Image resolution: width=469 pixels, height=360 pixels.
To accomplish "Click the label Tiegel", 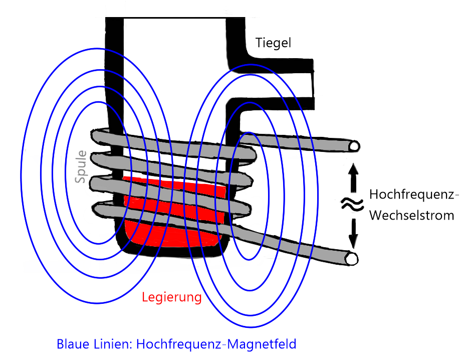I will [273, 43].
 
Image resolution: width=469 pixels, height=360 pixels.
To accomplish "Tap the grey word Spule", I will [81, 166].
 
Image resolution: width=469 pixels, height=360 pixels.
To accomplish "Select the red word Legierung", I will [171, 297].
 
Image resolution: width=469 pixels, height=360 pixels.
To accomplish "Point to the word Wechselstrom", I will [411, 216].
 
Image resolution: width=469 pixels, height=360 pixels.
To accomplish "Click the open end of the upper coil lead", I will [355, 146].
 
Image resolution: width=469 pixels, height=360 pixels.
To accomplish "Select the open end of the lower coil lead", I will [352, 258].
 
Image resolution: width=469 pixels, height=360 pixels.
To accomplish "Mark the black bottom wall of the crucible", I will [170, 253].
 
